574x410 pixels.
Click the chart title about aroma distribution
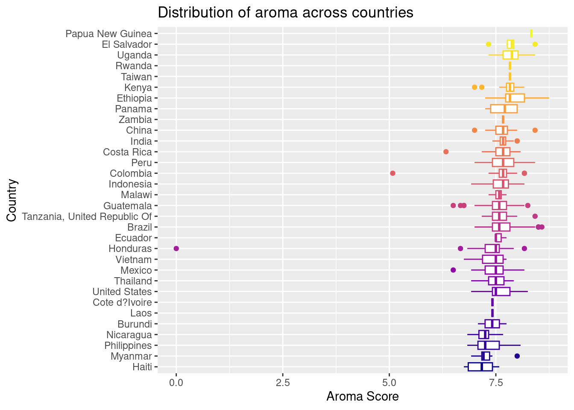(285, 13)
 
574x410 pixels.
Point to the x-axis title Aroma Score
(362, 397)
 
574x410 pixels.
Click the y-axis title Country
(12, 200)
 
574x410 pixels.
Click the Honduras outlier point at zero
(176, 249)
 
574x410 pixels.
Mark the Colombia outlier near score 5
(392, 173)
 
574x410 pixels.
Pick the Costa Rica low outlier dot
(446, 152)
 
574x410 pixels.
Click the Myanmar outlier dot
(517, 356)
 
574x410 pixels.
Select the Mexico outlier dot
(453, 270)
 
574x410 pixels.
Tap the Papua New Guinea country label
(108, 34)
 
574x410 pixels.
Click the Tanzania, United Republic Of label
(87, 217)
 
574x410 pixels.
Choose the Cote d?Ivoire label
(122, 303)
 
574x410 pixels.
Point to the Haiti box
(480, 367)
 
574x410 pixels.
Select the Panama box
(504, 109)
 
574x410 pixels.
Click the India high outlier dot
(517, 141)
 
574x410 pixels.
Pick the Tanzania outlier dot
(535, 216)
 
